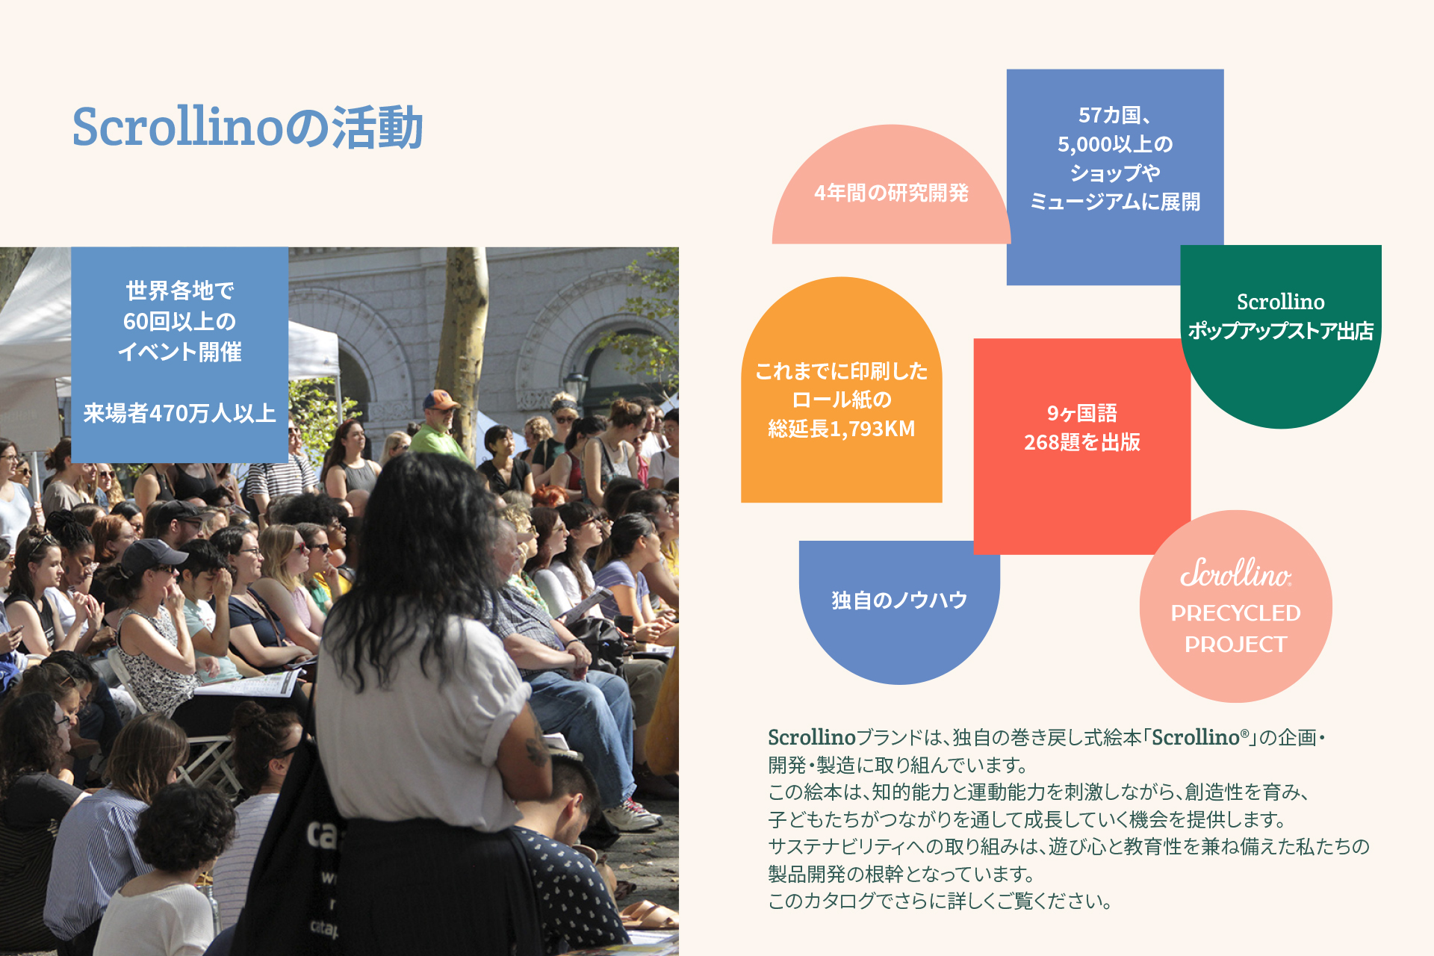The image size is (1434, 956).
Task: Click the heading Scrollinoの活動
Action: [x=247, y=127]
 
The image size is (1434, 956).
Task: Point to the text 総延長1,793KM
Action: [x=841, y=429]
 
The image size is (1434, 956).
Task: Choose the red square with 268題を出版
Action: [x=1081, y=446]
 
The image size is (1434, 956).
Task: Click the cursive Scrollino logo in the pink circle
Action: [x=1235, y=573]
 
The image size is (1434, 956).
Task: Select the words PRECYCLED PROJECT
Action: [x=1235, y=628]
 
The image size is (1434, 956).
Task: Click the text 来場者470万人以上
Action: [x=179, y=413]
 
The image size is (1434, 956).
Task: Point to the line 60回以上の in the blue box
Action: [x=179, y=321]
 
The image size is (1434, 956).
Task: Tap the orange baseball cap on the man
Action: [x=440, y=400]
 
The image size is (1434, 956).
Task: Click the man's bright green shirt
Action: [x=438, y=441]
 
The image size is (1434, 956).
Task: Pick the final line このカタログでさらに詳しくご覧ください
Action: [x=940, y=901]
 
